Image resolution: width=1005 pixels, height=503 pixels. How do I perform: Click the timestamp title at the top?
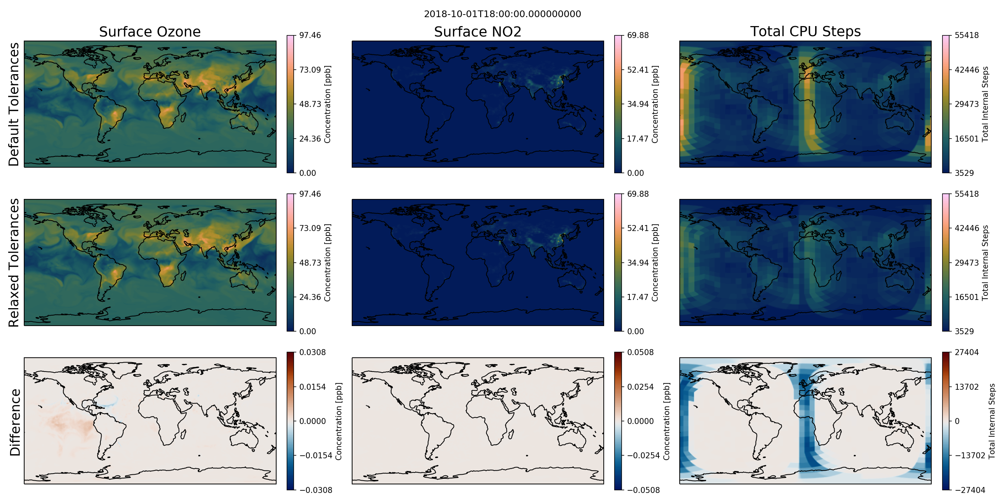pos(502,14)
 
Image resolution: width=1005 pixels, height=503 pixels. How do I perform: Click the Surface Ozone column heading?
pos(150,32)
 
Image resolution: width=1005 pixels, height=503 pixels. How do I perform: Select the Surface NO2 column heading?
pos(478,32)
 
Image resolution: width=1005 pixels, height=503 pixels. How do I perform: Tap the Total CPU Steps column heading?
pos(805,31)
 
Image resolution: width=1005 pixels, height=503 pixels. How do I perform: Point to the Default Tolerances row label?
pos(14,104)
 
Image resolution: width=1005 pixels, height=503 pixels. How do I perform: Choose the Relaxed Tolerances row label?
pos(14,262)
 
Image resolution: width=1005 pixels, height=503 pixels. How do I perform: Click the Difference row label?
pos(15,422)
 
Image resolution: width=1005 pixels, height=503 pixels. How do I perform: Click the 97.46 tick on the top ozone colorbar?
pos(310,35)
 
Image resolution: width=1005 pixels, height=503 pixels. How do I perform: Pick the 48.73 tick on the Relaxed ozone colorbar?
pos(310,262)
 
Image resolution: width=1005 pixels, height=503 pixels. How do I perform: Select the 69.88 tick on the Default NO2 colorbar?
pos(638,35)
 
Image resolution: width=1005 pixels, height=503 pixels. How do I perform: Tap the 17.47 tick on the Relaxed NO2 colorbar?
pos(638,297)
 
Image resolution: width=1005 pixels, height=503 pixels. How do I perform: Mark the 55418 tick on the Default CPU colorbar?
pos(966,35)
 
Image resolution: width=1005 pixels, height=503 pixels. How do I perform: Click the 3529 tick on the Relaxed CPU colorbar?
pos(964,331)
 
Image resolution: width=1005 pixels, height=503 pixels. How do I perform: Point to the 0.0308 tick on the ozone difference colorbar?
pos(313,352)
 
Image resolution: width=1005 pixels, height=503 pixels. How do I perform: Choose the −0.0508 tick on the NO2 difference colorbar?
pos(643,490)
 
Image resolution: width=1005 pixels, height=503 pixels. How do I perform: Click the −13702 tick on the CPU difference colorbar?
pos(970,455)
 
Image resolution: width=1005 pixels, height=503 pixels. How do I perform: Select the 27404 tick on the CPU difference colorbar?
pos(966,352)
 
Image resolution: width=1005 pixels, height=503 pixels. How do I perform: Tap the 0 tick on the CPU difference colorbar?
pos(957,421)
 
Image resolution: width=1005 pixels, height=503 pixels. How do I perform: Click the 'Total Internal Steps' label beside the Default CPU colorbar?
pos(985,104)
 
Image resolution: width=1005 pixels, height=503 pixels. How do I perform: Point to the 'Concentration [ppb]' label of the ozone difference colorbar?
pos(338,421)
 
